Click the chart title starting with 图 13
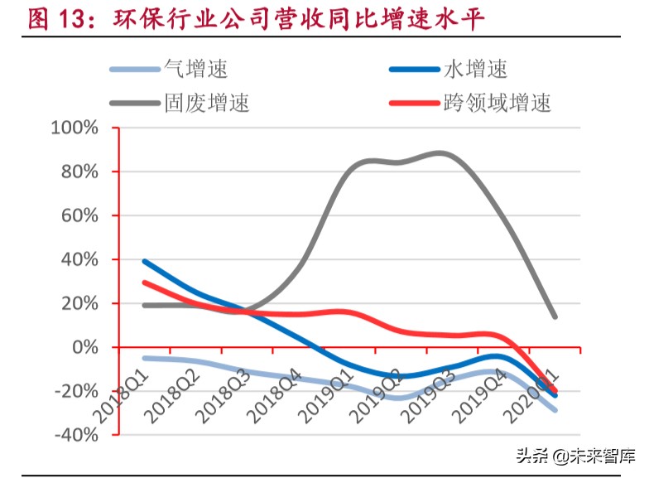[256, 19]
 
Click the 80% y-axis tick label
[79, 172]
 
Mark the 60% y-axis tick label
[79, 216]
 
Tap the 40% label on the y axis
[79, 260]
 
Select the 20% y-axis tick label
[79, 304]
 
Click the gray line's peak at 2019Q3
[440, 153]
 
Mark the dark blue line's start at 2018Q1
[145, 262]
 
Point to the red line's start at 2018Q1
[145, 282]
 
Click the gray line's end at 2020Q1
[554, 316]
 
